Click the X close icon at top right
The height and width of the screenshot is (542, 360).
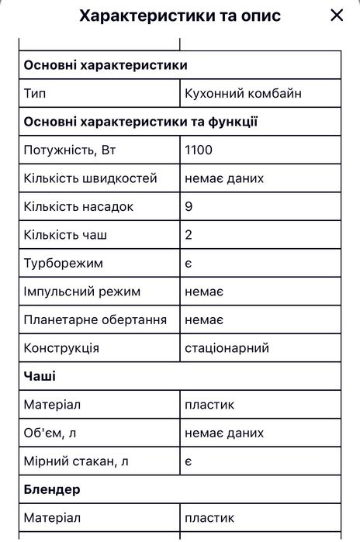336,16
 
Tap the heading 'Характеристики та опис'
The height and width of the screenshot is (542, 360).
180,16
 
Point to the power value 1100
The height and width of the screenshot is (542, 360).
199,150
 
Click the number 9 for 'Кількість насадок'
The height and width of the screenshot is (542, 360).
189,207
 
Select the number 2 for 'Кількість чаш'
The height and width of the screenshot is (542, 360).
189,235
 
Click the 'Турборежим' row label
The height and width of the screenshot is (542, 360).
64,264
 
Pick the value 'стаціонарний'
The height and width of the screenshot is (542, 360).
227,348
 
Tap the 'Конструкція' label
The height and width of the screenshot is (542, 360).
61,348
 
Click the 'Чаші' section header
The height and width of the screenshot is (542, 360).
40,376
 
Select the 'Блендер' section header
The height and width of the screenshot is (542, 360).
53,489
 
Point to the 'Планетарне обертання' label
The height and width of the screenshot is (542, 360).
95,319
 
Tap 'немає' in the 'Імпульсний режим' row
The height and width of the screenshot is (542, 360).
204,292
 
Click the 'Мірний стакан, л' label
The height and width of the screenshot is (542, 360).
76,461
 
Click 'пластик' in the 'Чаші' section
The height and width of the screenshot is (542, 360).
209,405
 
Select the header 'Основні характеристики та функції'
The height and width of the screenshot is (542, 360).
141,122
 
